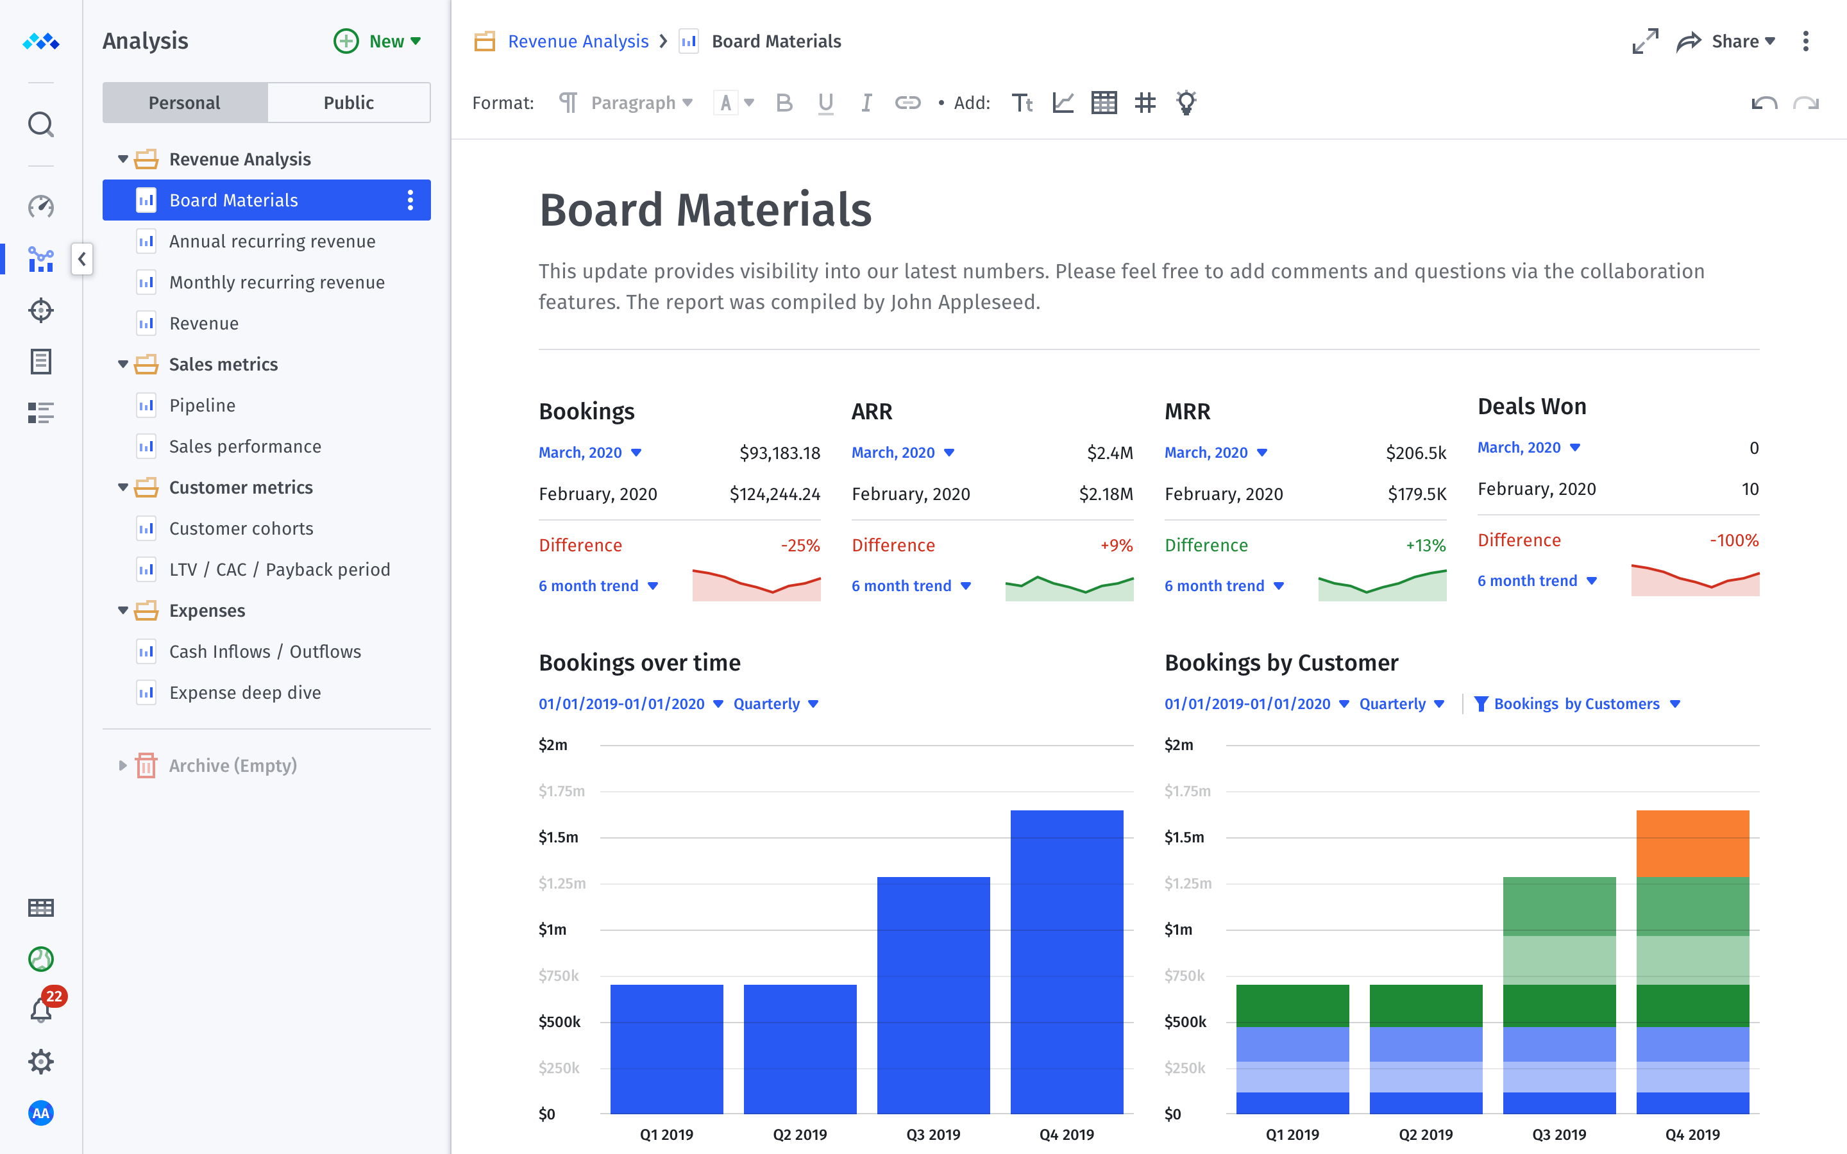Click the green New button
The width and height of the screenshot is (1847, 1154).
378,41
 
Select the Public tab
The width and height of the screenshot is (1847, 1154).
348,103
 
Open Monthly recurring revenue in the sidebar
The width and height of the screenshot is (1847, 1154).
276,282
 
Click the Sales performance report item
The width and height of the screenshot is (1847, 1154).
244,446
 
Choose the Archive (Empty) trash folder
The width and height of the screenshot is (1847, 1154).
232,765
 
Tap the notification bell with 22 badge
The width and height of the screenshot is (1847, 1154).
41,1010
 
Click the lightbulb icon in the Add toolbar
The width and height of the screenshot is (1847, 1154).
1185,103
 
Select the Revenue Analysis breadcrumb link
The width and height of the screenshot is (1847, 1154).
578,41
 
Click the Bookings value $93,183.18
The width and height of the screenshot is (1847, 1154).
779,453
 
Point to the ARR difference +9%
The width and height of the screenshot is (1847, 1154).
1116,546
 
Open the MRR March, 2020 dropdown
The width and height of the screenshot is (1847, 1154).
1216,453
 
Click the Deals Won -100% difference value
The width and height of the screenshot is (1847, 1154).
1733,540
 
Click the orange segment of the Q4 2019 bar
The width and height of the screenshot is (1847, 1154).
1692,843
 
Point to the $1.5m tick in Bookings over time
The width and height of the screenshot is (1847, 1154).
559,837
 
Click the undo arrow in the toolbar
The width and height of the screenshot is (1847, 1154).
1764,103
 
